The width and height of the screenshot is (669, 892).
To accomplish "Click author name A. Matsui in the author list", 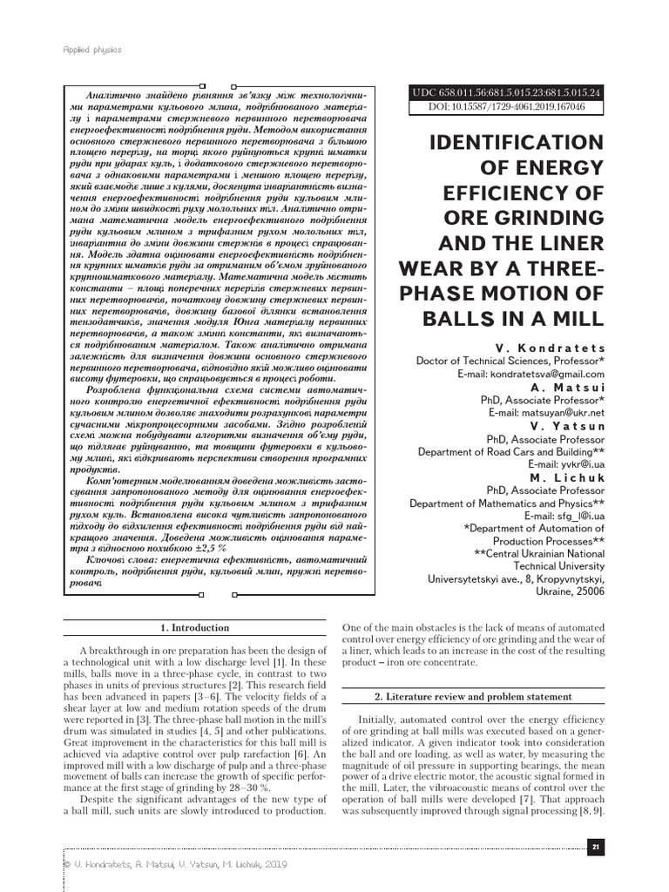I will click(x=566, y=387).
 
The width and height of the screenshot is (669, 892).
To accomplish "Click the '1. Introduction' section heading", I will click(x=194, y=628).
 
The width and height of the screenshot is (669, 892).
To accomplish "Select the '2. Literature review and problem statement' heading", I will click(x=473, y=697).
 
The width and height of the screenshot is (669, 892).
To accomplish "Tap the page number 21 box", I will click(x=596, y=847).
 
